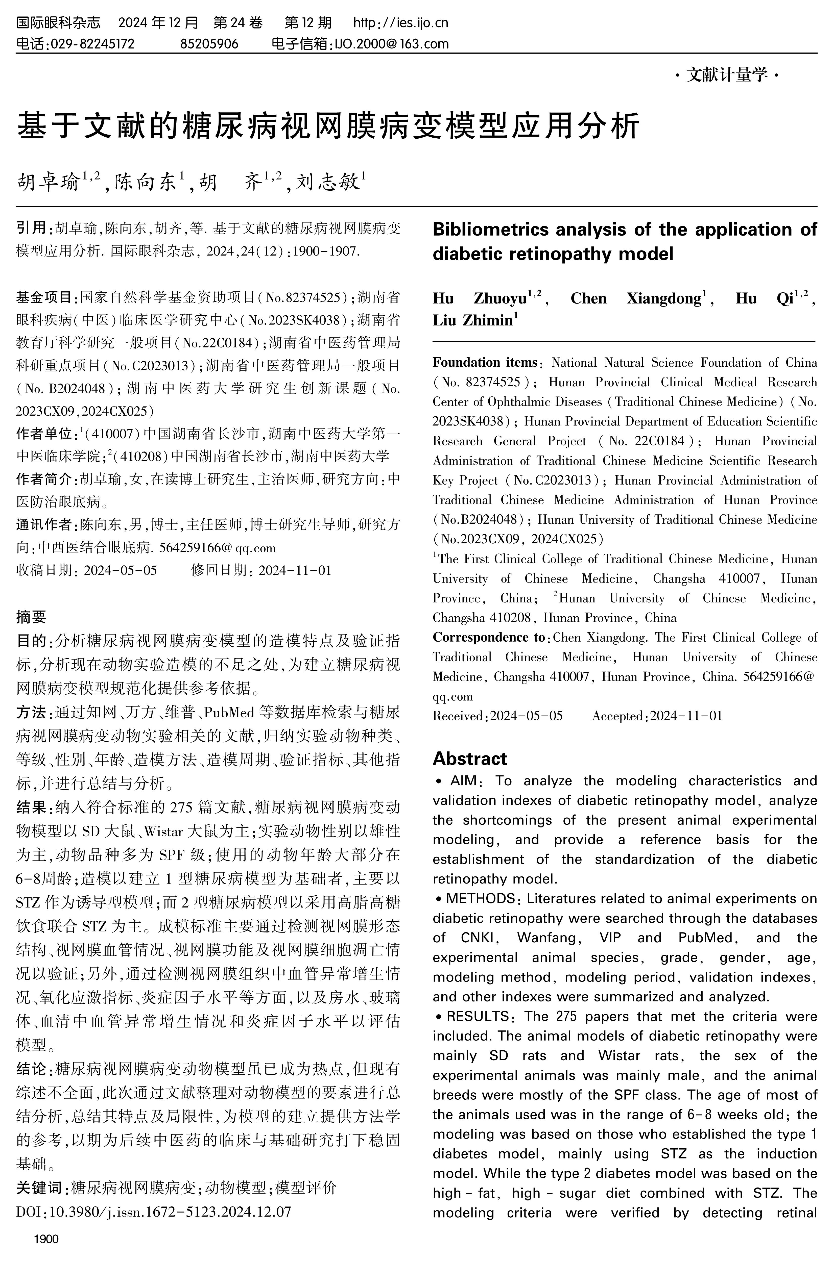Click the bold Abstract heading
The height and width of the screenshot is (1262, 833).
pyautogui.click(x=470, y=758)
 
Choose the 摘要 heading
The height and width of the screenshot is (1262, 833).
pyautogui.click(x=31, y=616)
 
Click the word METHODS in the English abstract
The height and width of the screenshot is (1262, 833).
pyautogui.click(x=480, y=898)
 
